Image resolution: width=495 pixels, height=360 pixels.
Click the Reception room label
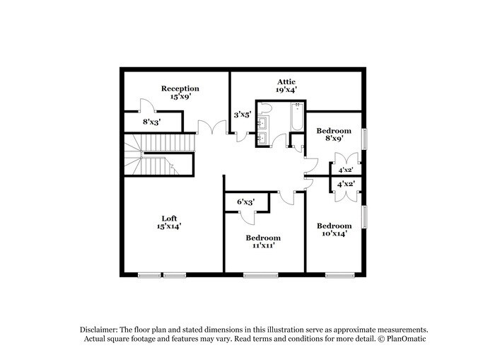pyautogui.click(x=180, y=88)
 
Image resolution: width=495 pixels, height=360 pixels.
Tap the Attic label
pyautogui.click(x=286, y=82)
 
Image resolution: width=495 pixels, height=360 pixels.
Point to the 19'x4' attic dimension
pyautogui.click(x=286, y=90)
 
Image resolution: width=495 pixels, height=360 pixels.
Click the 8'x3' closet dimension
pyautogui.click(x=151, y=122)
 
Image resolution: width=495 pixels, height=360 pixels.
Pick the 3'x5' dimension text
pyautogui.click(x=243, y=115)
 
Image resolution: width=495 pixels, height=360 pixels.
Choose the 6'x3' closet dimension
pyautogui.click(x=245, y=202)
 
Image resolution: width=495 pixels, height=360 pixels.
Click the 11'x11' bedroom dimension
pyautogui.click(x=263, y=245)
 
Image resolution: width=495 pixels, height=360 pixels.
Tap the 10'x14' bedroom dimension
pyautogui.click(x=334, y=233)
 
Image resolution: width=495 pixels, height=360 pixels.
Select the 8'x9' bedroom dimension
pyautogui.click(x=333, y=139)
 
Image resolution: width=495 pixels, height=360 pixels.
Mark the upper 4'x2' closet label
pyautogui.click(x=346, y=170)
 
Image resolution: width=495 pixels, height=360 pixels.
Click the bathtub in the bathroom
pyautogui.click(x=297, y=118)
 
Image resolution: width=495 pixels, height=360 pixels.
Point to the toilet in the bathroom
pyautogui.click(x=265, y=108)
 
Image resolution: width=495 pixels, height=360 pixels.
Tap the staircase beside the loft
pyautogui.click(x=148, y=156)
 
